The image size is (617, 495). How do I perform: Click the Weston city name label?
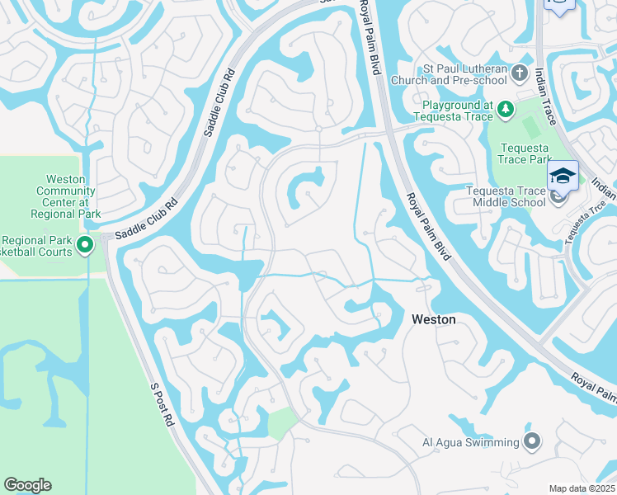pyautogui.click(x=433, y=318)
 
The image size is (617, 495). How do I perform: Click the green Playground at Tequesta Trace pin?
pyautogui.click(x=505, y=109)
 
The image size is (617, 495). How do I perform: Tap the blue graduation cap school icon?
pyautogui.click(x=563, y=176)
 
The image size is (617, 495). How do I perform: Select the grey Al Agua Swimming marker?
pyautogui.click(x=533, y=441)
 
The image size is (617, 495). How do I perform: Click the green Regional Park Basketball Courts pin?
pyautogui.click(x=85, y=245)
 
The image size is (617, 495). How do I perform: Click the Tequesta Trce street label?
pyautogui.click(x=582, y=221)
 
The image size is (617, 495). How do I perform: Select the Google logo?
pyautogui.click(x=27, y=485)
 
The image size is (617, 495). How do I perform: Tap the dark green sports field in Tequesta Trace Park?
pyautogui.click(x=533, y=126)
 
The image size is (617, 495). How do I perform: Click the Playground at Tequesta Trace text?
pyautogui.click(x=458, y=110)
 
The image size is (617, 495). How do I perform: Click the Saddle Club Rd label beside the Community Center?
pyautogui.click(x=147, y=219)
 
